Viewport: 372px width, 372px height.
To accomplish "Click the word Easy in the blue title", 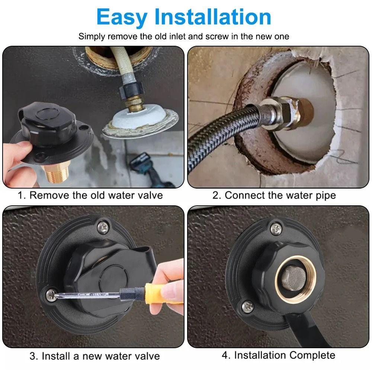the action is (x=122, y=17).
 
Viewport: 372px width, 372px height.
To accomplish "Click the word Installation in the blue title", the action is (x=213, y=17).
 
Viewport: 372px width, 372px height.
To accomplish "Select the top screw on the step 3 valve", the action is (x=103, y=228).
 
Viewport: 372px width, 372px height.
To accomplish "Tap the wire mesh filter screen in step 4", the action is (x=294, y=278).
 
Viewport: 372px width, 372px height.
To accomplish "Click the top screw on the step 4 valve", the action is (x=276, y=229).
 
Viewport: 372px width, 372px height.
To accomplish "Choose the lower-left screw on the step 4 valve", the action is (x=248, y=307).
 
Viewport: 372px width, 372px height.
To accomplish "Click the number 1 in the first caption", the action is (x=21, y=196).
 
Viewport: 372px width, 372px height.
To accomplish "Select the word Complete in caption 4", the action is (x=312, y=356).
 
